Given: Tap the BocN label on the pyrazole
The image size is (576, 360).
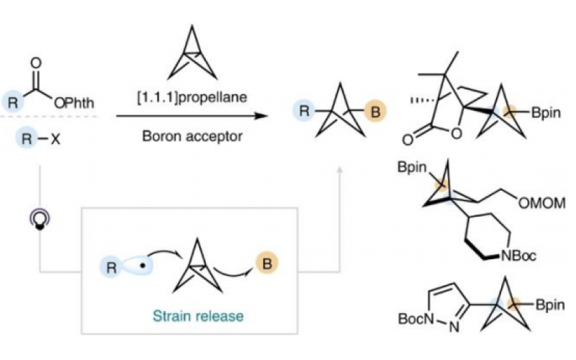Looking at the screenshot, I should (410, 317).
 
